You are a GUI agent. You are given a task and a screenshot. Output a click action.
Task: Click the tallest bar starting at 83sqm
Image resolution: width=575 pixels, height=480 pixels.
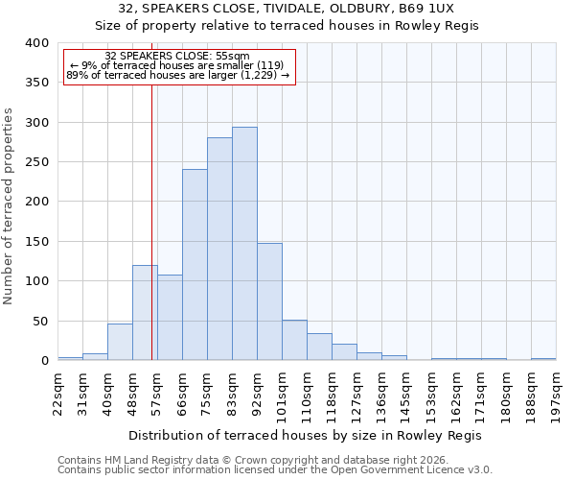[244, 244]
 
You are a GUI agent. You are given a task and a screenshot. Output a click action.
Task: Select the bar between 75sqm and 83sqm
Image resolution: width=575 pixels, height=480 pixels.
[219, 249]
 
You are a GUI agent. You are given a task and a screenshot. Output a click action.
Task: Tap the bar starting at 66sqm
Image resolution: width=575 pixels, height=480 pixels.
[195, 265]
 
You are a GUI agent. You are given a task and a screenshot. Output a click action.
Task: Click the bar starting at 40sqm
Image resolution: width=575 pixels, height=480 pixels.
[120, 342]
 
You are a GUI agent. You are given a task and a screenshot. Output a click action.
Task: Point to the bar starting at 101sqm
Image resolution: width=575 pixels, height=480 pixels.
[294, 340]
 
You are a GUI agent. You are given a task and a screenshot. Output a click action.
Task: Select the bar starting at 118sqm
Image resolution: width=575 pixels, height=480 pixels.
[344, 352]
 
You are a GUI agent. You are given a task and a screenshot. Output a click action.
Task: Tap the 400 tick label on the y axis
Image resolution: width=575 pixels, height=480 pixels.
[35, 43]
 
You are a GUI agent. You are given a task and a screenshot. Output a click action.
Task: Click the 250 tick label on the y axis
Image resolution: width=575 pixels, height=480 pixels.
[35, 162]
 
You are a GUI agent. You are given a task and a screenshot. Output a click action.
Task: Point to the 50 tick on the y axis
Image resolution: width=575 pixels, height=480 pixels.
[39, 321]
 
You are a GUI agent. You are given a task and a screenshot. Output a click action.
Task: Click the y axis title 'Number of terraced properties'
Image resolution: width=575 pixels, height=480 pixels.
[10, 206]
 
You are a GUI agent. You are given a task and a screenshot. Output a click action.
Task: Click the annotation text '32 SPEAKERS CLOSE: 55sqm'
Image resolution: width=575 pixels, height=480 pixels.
[177, 57]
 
